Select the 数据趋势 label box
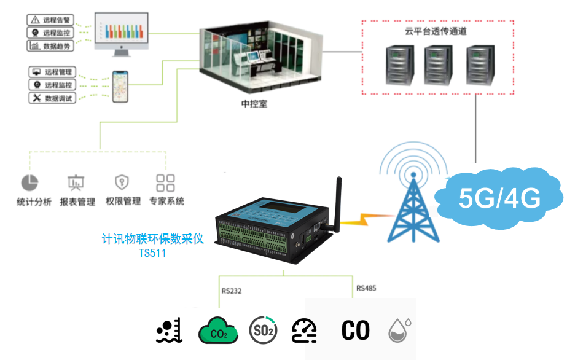(52, 45)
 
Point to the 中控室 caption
(254, 104)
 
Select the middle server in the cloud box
(437, 64)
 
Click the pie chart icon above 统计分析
(29, 182)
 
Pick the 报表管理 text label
(77, 202)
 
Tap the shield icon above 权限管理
(122, 182)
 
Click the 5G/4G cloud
(499, 197)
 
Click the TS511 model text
(152, 252)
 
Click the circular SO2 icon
(263, 331)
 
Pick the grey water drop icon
(399, 331)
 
